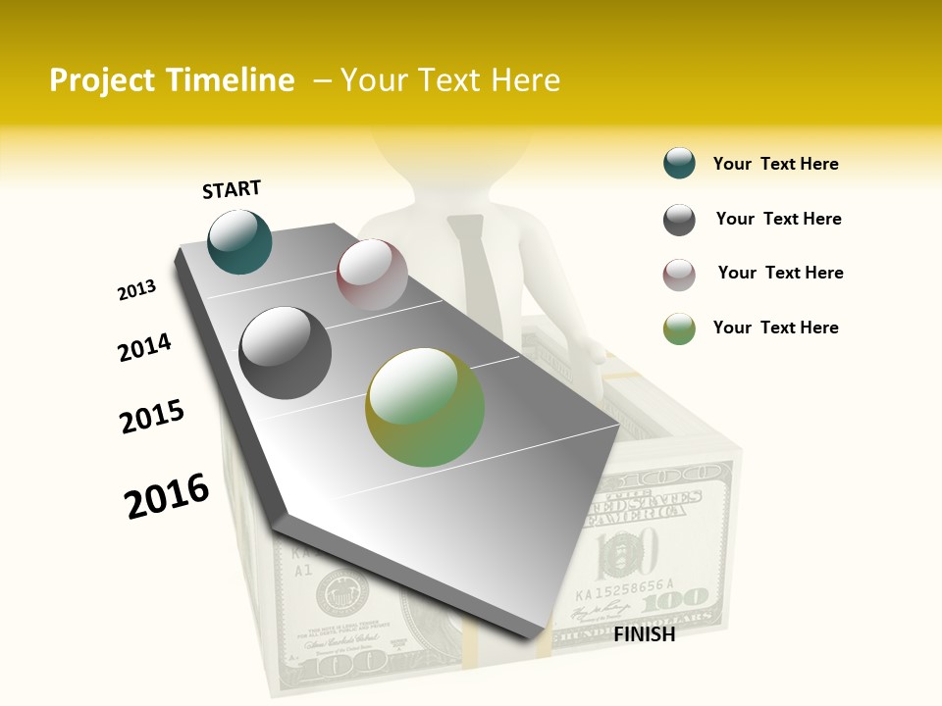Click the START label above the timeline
[x=232, y=189]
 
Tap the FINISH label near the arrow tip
[x=644, y=634]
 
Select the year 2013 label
[x=136, y=290]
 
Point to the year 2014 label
[x=144, y=347]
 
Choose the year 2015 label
[x=152, y=417]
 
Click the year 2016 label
[x=167, y=496]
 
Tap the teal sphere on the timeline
[x=239, y=242]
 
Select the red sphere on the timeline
[x=372, y=275]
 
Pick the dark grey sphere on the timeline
[x=285, y=352]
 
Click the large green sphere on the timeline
[x=425, y=406]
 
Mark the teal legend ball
[x=679, y=163]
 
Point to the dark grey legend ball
[x=679, y=220]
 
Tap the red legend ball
[x=679, y=275]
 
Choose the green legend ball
[x=679, y=328]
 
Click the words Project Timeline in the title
[x=172, y=80]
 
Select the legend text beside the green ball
[x=775, y=328]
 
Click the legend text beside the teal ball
[x=775, y=164]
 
